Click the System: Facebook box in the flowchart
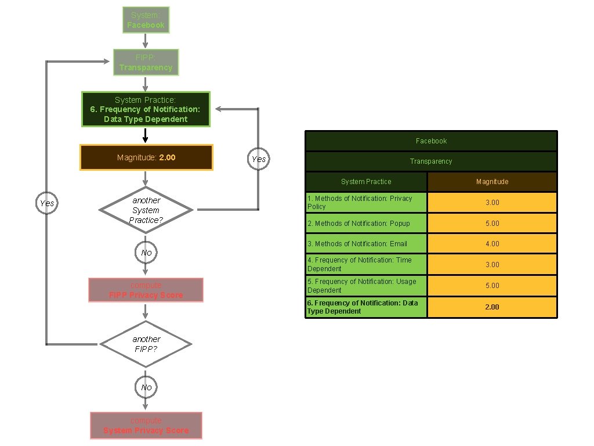[x=146, y=20]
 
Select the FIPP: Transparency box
[x=146, y=63]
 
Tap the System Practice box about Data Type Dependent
[x=146, y=109]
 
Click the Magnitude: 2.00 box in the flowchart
[x=146, y=157]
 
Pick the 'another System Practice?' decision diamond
[x=146, y=210]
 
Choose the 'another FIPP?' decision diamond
[x=146, y=344]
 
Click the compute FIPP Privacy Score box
[x=146, y=290]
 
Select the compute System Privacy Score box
[x=146, y=425]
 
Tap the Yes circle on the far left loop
[x=47, y=203]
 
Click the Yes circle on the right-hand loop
[x=258, y=159]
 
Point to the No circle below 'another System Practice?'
[x=146, y=253]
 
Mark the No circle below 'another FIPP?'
[x=146, y=387]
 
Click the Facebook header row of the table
[x=431, y=141]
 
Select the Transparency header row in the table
[x=431, y=161]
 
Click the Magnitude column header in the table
[x=492, y=182]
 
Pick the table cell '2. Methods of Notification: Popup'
[x=366, y=223]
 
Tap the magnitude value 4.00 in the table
[x=492, y=244]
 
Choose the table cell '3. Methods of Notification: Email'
[x=366, y=244]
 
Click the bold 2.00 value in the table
[x=492, y=307]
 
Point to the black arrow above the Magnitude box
[x=146, y=135]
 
